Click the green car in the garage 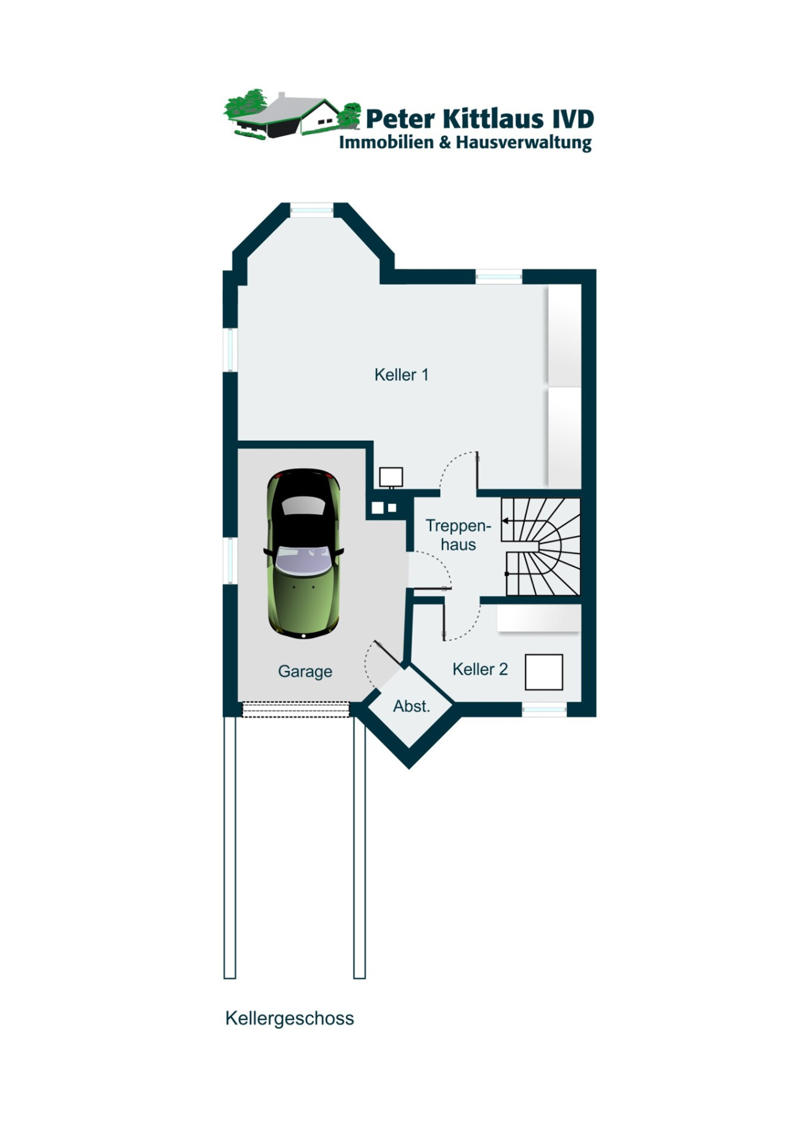tap(304, 553)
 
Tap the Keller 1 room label tap(401, 375)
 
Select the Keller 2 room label tap(480, 669)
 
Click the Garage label tap(305, 671)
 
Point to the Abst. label tap(411, 706)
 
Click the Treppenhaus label tap(458, 534)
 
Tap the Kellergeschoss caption tap(289, 1018)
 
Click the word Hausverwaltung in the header tap(523, 143)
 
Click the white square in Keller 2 tap(544, 672)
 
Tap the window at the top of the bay tap(311, 209)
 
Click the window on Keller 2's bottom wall tap(544, 710)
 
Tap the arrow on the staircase tap(506, 521)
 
